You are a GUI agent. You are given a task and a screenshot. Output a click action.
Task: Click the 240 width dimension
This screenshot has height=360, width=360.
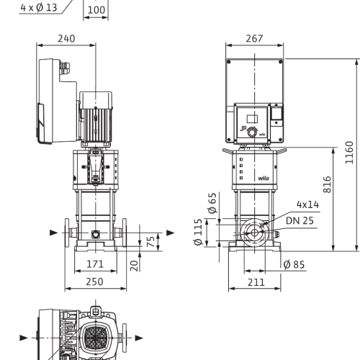click(x=66, y=39)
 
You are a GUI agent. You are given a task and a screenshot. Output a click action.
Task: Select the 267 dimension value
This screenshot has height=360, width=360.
click(x=254, y=38)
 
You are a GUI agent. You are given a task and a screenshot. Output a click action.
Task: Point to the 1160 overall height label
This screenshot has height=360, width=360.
click(x=349, y=153)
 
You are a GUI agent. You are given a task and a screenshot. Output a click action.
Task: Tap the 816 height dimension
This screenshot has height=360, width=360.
click(x=327, y=184)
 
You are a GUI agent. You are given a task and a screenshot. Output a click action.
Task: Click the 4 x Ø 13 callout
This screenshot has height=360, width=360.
click(x=39, y=8)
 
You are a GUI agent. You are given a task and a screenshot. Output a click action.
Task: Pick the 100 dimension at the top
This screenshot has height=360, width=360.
click(x=96, y=10)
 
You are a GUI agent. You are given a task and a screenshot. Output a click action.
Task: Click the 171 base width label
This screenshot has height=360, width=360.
click(x=95, y=264)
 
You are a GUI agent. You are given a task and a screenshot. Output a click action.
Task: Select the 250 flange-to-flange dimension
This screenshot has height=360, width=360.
click(x=95, y=282)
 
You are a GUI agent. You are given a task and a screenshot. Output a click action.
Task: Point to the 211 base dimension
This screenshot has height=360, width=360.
click(x=256, y=282)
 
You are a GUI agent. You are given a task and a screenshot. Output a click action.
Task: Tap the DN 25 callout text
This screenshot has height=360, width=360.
click(x=300, y=220)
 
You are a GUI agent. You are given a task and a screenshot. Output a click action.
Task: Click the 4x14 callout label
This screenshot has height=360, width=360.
click(x=308, y=204)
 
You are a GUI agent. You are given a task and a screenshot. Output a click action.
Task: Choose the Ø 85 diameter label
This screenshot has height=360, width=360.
click(x=294, y=264)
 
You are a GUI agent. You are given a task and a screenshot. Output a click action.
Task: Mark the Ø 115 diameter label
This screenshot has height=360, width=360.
click(x=198, y=232)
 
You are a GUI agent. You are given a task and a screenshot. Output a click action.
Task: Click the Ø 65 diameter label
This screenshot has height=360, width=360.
click(x=212, y=203)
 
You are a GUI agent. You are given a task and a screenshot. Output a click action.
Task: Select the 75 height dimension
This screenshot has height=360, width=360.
click(x=150, y=242)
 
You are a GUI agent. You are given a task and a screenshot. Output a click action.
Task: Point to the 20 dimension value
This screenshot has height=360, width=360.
click(x=135, y=266)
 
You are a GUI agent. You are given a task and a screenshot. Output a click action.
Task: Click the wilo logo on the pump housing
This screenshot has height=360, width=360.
click(x=264, y=178)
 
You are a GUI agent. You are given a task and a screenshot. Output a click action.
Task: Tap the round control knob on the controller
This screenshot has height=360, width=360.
click(x=252, y=132)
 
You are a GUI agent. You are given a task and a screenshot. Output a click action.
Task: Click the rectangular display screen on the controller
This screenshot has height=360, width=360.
click(x=252, y=119)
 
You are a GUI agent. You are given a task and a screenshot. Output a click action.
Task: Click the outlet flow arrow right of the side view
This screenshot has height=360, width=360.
click(x=171, y=233)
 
